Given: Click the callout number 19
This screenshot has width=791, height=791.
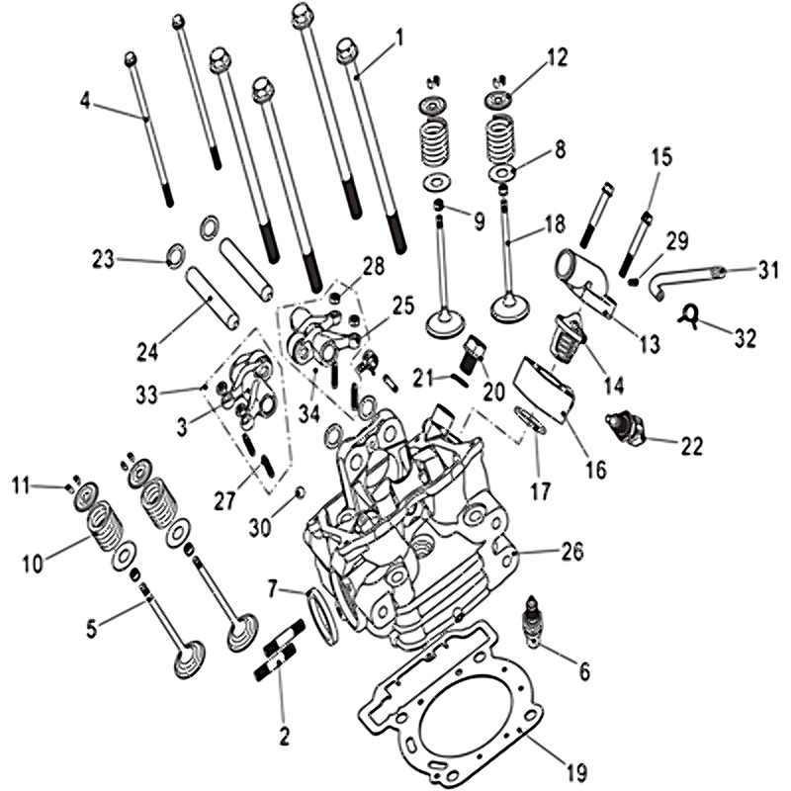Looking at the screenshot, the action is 576,772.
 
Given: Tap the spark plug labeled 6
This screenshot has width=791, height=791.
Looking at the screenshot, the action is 532,623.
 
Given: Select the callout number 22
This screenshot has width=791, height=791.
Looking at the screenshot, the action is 691,446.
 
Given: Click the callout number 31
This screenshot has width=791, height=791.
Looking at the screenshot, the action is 768,271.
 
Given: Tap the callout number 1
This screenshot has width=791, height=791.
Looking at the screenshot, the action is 399,39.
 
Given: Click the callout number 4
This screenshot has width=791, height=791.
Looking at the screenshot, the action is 85,101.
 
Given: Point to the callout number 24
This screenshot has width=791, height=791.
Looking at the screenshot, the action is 147,350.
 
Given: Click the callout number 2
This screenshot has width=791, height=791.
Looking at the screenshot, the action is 285,737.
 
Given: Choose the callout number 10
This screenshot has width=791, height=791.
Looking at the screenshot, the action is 33,564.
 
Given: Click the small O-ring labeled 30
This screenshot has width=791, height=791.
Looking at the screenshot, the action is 300,491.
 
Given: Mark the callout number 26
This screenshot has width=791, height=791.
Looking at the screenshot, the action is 571,551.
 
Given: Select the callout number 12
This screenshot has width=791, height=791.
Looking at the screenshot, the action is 557,57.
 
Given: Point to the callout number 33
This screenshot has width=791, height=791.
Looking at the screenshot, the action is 146,395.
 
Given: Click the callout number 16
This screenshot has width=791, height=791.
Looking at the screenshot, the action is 596,470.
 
